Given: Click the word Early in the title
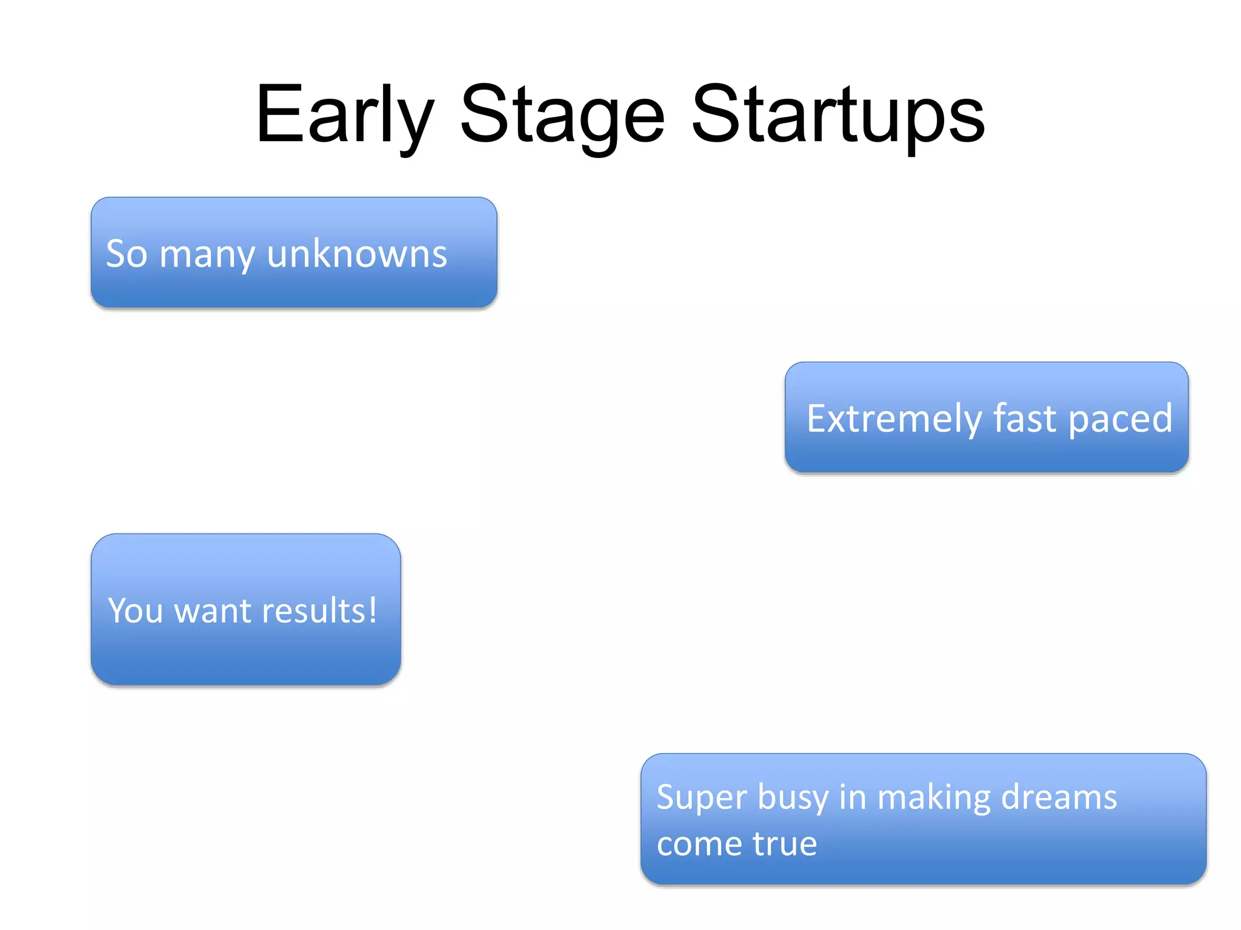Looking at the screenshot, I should pos(344,115).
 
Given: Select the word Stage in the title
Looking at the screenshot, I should pos(562,115).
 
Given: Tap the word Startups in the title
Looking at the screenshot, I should pos(838,115).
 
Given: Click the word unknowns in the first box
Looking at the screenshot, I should pos(357,254).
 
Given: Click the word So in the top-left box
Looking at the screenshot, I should pos(127,254).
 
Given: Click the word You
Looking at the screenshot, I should pos(135,610).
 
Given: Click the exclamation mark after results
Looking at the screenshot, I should pos(372,609).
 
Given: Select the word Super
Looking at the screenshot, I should pos(702,798).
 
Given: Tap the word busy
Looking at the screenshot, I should pos(793,798).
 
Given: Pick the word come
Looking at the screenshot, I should pos(699,845).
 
